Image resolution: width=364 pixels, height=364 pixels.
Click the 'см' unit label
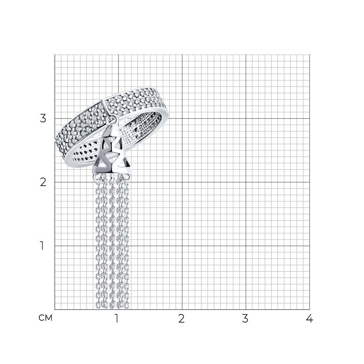[45, 318]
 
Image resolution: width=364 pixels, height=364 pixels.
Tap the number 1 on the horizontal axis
[117, 318]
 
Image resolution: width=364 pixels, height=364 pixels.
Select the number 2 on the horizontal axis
[181, 318]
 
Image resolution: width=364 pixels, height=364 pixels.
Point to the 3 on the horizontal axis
[245, 318]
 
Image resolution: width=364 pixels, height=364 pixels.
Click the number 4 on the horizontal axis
[309, 318]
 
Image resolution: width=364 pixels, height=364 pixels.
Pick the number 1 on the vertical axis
[42, 246]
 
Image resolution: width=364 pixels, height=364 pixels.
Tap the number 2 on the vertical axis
[43, 182]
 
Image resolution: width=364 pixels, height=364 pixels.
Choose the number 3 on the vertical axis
[43, 119]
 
